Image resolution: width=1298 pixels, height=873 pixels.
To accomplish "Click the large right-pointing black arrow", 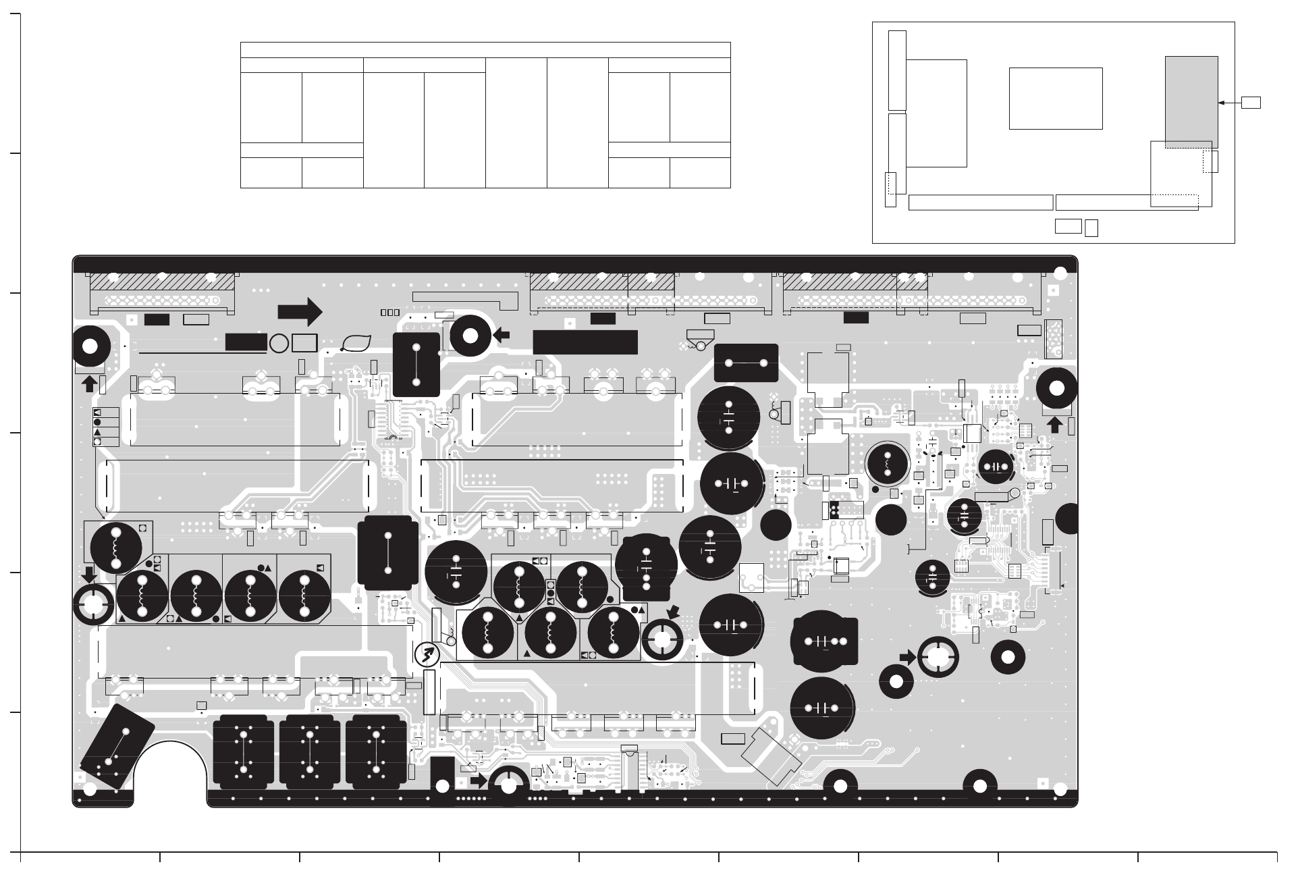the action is click(300, 312).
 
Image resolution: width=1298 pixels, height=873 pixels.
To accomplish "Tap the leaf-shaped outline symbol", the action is click(355, 343).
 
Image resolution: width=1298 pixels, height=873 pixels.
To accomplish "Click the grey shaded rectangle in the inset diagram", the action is click(1191, 102).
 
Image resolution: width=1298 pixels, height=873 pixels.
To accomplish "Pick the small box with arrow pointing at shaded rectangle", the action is click(1251, 103).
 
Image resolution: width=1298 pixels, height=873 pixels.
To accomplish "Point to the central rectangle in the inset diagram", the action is click(1056, 98).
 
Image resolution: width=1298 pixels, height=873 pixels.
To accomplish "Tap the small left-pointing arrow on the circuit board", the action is click(502, 336).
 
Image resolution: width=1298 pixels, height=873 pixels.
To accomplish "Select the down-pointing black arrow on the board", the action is click(88, 575).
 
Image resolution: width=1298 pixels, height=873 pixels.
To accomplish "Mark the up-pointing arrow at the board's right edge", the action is click(1054, 425).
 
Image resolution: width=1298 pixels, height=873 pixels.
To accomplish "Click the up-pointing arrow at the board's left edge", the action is click(88, 383).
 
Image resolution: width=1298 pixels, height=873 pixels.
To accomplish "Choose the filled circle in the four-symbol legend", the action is click(97, 422).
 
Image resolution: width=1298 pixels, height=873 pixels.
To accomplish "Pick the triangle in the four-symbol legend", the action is click(97, 431).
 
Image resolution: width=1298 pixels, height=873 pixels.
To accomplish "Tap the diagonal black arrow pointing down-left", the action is click(673, 612).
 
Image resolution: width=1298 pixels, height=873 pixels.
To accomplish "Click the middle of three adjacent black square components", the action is click(309, 752).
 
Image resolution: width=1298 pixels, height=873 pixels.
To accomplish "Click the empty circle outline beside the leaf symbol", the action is click(279, 343).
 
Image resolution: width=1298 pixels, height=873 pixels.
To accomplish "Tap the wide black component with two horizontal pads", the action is click(746, 363).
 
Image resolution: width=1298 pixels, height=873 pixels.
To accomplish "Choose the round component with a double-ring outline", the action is click(887, 462).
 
